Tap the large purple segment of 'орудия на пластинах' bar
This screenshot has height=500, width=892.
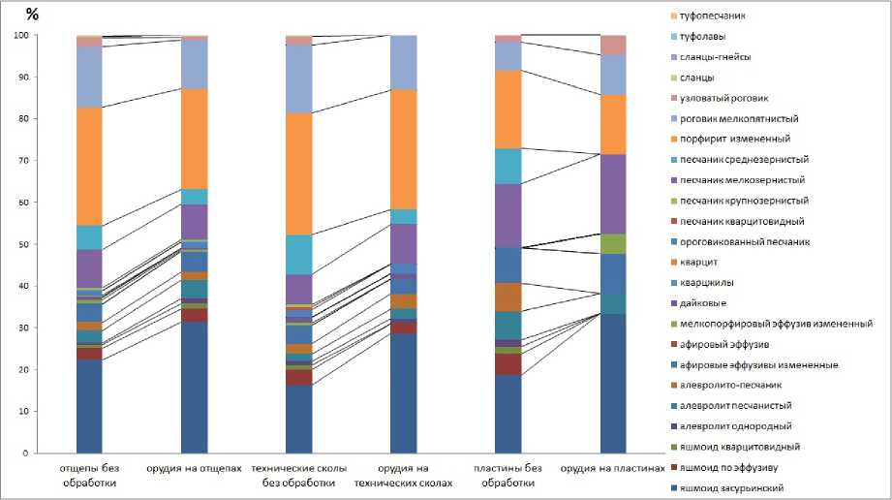[x=614, y=194]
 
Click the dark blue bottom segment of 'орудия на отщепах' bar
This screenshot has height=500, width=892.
[x=195, y=387]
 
